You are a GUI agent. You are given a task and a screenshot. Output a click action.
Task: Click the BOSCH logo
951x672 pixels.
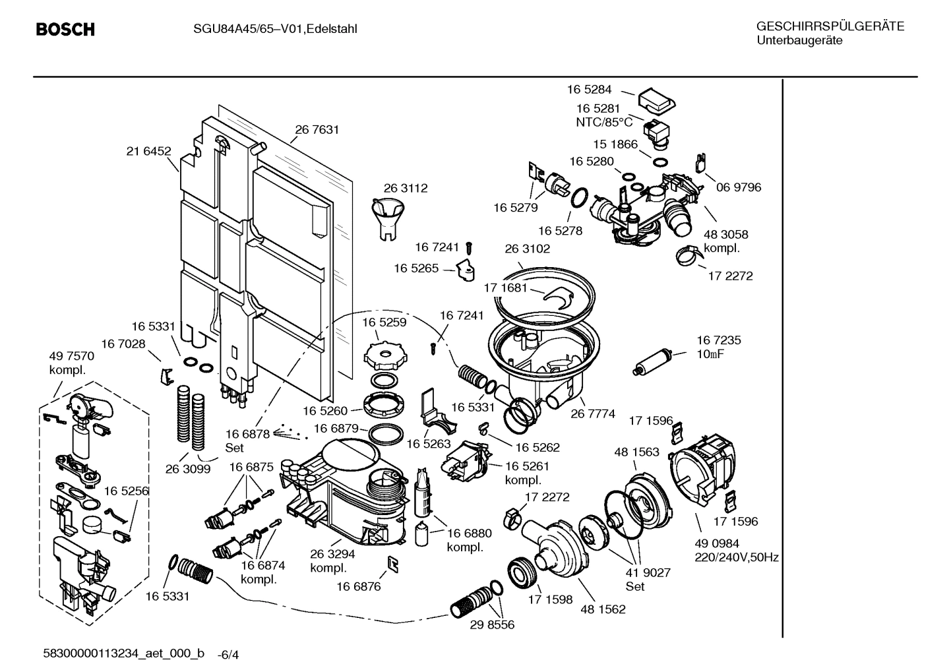click(65, 30)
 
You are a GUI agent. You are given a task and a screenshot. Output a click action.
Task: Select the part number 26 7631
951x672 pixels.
click(317, 130)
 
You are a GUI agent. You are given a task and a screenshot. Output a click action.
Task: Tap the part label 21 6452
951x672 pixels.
click(148, 151)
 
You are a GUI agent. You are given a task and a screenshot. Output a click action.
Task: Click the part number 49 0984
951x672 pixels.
click(717, 543)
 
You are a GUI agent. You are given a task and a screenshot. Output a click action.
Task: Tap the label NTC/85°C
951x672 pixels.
click(604, 122)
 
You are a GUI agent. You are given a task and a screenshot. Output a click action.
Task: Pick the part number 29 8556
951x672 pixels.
click(492, 625)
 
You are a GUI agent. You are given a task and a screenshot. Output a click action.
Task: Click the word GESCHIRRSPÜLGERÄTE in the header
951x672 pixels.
click(830, 26)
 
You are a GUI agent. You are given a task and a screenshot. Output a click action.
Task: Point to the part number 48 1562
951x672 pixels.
click(603, 609)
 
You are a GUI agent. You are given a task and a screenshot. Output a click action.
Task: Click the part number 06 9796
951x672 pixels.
click(739, 187)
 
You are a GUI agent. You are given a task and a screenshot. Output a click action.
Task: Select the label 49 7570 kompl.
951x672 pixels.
click(71, 363)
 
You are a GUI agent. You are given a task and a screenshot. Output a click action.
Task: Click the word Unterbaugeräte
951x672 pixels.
click(799, 40)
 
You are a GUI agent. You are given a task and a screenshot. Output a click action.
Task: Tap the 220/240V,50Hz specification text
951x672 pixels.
click(737, 557)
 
